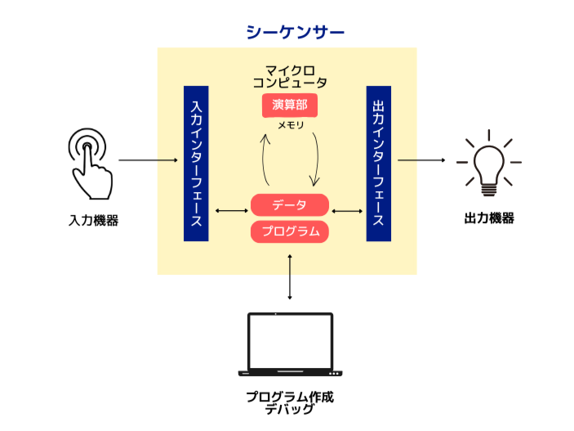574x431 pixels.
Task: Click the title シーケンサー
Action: coord(295,32)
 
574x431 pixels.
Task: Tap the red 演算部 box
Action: coord(289,106)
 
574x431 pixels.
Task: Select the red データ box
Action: coord(289,205)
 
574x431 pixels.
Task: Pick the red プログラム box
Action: coord(289,231)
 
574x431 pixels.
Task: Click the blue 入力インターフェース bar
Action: coord(196,163)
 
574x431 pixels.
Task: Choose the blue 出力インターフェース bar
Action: coord(378,163)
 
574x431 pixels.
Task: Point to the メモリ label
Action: coord(290,125)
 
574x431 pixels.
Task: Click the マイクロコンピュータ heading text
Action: coord(290,76)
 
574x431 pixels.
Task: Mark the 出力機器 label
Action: coord(489,218)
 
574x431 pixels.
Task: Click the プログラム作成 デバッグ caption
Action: coord(290,402)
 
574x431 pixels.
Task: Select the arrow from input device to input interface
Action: coord(148,160)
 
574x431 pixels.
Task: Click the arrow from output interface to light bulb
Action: coord(424,160)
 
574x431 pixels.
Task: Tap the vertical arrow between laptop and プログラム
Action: coord(290,278)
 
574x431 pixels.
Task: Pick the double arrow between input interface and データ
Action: coord(231,211)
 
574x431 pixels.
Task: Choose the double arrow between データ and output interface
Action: coord(348,211)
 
